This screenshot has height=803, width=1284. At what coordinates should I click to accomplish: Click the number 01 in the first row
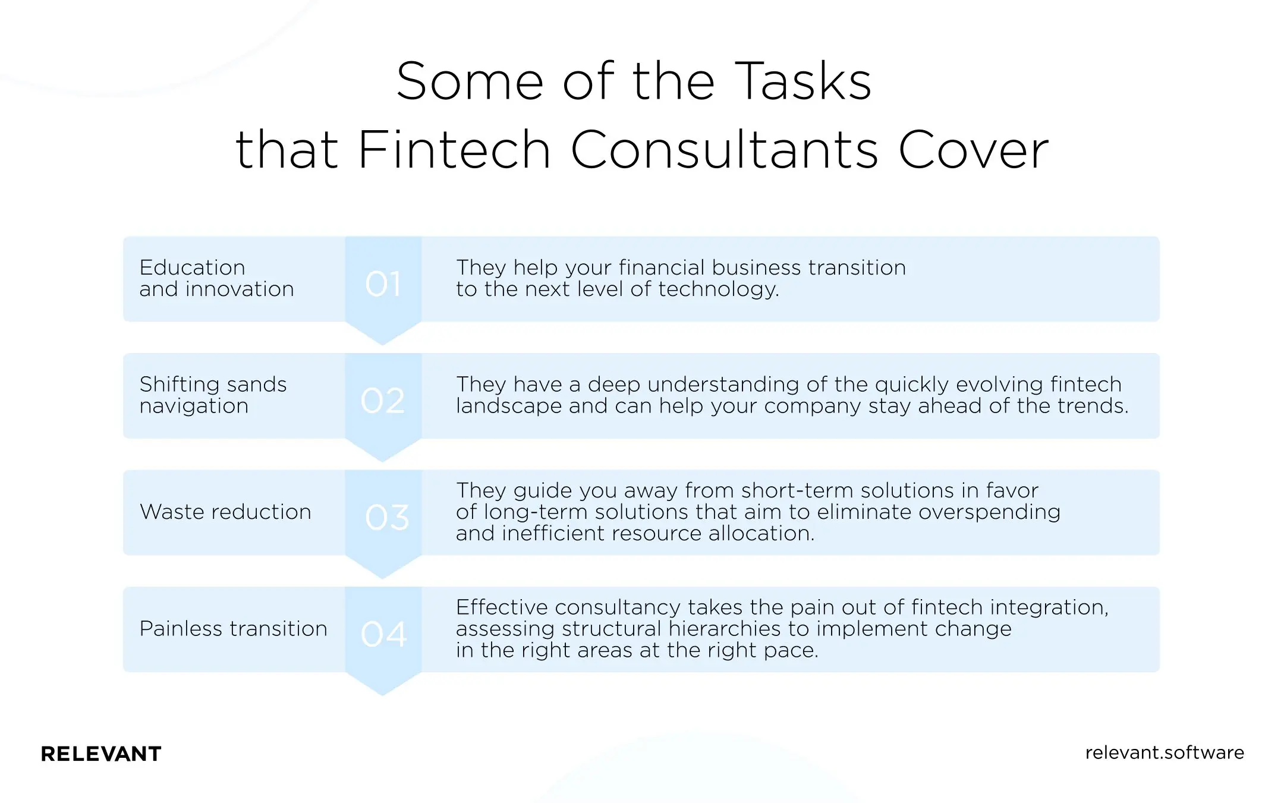[x=383, y=284]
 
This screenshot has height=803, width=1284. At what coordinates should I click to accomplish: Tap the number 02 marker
[x=383, y=400]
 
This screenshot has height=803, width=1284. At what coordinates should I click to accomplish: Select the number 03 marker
[x=387, y=517]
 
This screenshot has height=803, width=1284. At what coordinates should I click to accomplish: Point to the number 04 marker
[x=384, y=634]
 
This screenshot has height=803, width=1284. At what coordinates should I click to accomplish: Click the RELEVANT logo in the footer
[x=101, y=754]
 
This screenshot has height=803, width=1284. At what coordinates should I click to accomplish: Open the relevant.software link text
[x=1164, y=752]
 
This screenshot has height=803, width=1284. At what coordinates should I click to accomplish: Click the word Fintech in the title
[x=454, y=149]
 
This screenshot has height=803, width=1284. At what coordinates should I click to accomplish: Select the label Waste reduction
[x=225, y=512]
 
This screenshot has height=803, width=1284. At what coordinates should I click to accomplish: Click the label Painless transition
[x=233, y=628]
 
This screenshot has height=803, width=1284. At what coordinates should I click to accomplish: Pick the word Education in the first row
[x=192, y=267]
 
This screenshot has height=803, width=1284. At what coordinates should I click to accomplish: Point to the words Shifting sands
[x=213, y=385]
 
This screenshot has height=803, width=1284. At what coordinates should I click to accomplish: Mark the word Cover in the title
[x=973, y=149]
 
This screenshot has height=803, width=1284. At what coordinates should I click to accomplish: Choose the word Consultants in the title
[x=724, y=149]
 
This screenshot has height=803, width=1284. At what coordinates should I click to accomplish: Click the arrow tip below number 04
[x=383, y=689]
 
